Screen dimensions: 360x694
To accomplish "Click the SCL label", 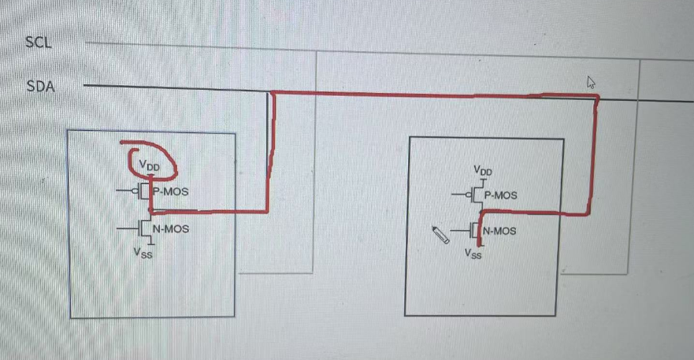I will (x=39, y=43).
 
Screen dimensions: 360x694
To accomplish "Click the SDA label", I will (x=41, y=87).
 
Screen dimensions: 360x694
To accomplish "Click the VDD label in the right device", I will (x=482, y=170).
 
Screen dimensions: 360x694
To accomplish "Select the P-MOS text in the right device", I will (x=501, y=195).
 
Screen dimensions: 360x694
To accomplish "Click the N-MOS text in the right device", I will (x=500, y=231).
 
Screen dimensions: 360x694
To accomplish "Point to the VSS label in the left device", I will (x=143, y=254).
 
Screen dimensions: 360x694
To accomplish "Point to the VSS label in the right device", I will (x=473, y=254).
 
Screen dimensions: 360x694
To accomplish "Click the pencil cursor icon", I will (x=441, y=235).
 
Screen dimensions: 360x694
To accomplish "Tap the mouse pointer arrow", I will (x=591, y=82).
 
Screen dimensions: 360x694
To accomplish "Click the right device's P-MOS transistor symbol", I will (x=476, y=195).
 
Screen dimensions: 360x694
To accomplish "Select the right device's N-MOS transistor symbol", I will (x=475, y=232).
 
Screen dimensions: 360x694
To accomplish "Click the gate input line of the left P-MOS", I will (x=124, y=191).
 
